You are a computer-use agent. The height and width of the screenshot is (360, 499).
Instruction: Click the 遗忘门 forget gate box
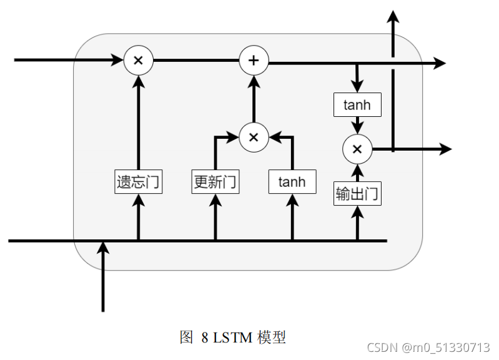pos(139,182)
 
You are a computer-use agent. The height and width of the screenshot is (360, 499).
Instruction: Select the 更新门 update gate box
pos(215,182)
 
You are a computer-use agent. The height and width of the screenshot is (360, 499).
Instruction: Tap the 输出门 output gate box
pos(357,194)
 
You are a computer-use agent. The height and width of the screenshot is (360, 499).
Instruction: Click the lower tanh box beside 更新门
pos(292,182)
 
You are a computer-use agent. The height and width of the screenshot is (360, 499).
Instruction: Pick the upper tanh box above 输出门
pos(357,105)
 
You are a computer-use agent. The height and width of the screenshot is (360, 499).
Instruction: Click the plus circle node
pos(254,61)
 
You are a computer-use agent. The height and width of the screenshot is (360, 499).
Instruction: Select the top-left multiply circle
pos(138,61)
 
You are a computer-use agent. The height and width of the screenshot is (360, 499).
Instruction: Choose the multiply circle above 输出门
pos(357,149)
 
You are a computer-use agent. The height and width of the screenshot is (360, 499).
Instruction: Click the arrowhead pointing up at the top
pos(393,16)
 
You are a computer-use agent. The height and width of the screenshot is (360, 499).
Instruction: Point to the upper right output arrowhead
pos(440,63)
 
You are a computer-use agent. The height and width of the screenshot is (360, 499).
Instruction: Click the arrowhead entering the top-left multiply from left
pos(117,60)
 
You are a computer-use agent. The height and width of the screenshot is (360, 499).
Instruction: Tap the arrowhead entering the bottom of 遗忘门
pos(139,200)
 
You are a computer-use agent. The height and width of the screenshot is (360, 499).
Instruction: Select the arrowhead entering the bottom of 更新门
pos(215,200)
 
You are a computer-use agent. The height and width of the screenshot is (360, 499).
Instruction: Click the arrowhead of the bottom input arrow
pos(103,248)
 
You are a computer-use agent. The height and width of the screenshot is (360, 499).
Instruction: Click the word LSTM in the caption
pos(232,338)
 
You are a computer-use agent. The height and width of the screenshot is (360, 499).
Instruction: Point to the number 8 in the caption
pos(204,338)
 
